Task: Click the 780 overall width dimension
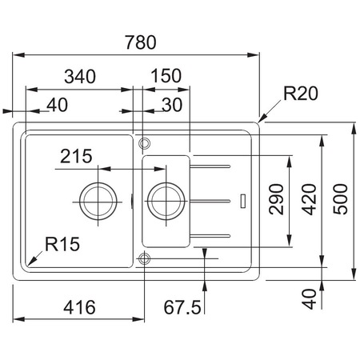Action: pos(141,42)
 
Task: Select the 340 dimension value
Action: pos(80,76)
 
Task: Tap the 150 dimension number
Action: pos(166,76)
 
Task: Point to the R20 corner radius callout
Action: pos(301,94)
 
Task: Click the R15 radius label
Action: pos(62,244)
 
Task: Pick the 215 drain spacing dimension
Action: pos(76,156)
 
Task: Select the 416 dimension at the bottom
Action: pos(79,307)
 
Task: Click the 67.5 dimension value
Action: pos(182,307)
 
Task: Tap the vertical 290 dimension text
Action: pos(276,199)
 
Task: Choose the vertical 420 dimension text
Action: pos(310,199)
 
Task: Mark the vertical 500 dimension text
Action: pos(341,199)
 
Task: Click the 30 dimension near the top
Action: pos(172,105)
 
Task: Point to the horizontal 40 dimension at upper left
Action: pos(58,105)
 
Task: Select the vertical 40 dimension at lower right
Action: pos(310,299)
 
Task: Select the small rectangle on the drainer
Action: pos(243,201)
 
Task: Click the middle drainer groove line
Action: pos(210,201)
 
